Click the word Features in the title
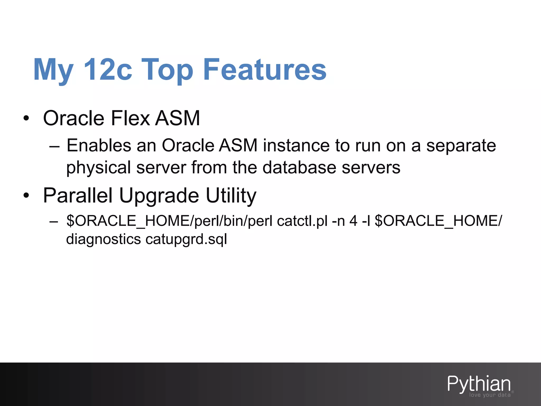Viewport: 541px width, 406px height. coord(265,70)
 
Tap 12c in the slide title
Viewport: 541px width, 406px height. coord(108,70)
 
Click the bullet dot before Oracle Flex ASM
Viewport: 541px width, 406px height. coord(26,118)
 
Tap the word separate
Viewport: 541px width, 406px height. coord(461,146)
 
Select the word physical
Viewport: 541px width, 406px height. coord(99,168)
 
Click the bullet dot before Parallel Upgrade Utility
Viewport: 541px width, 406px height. coord(26,196)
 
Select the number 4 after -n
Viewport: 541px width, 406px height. coord(353,221)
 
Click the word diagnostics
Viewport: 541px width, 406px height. coord(103,239)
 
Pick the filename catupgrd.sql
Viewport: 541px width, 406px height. coord(186,239)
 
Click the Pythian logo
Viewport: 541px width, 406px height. coord(479,384)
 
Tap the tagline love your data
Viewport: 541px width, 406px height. coord(490,395)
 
